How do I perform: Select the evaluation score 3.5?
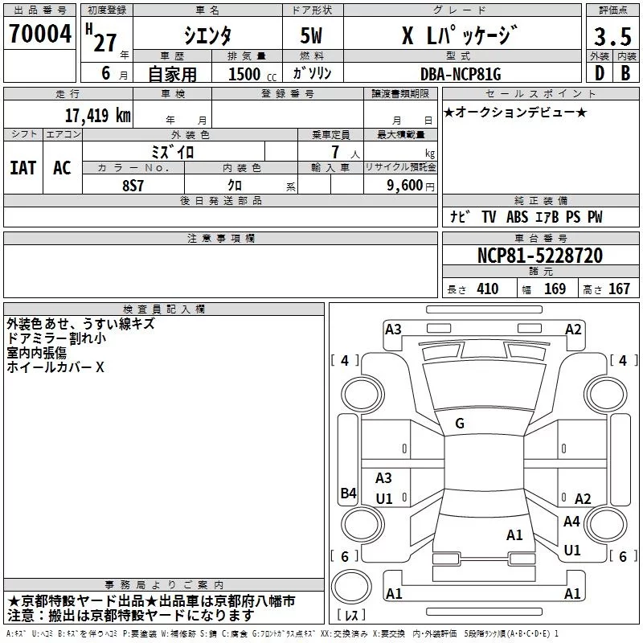tap(612, 37)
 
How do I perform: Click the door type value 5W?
tap(312, 36)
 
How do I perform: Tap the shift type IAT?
tap(23, 167)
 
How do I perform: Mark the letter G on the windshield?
tap(460, 423)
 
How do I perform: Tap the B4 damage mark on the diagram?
tap(347, 494)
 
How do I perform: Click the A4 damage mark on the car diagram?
tap(571, 521)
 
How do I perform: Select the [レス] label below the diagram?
tap(351, 616)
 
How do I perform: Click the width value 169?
tap(555, 289)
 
